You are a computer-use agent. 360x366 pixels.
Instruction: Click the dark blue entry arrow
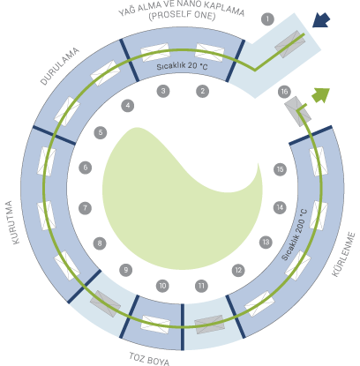click(x=321, y=20)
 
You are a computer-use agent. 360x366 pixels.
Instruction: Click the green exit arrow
click(x=321, y=95)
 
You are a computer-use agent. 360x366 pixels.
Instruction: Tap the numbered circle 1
click(x=267, y=19)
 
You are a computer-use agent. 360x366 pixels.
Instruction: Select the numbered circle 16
click(x=284, y=92)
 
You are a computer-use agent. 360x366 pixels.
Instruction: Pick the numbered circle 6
click(x=86, y=168)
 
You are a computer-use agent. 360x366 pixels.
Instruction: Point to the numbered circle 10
click(x=162, y=286)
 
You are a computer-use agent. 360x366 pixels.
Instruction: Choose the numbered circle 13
click(x=266, y=243)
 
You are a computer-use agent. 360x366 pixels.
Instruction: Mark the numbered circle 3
click(x=163, y=91)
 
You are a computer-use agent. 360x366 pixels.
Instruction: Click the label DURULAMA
click(x=60, y=66)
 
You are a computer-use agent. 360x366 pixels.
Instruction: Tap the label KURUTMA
click(x=12, y=222)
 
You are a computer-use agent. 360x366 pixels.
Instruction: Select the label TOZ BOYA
click(x=149, y=359)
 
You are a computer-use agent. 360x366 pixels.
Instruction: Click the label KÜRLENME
click(x=343, y=255)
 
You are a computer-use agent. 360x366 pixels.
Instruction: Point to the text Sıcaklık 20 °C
click(x=182, y=66)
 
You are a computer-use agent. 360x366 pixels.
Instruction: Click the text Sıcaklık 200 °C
click(x=294, y=235)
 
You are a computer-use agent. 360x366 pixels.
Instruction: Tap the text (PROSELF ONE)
click(x=182, y=15)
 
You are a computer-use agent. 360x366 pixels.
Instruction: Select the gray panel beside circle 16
click(x=297, y=111)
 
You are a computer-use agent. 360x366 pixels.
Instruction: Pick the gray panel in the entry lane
click(x=289, y=44)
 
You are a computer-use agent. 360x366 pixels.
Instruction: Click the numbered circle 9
click(x=126, y=270)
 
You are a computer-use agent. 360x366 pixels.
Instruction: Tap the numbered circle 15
click(x=280, y=169)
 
